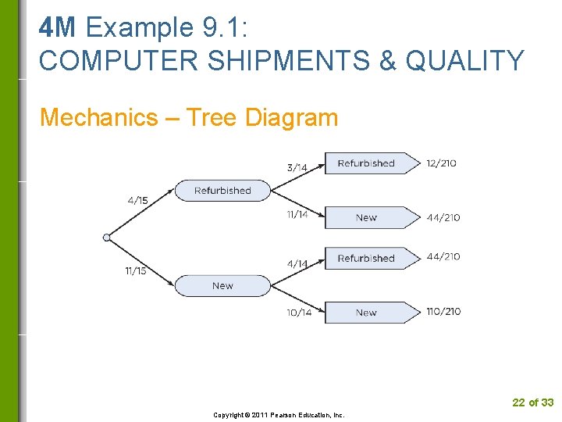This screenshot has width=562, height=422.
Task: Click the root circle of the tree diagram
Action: coord(107,237)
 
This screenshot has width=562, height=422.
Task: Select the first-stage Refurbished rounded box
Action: coord(222,191)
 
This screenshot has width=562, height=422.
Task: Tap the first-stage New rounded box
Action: coord(222,286)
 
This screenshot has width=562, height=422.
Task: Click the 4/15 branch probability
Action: coord(137,201)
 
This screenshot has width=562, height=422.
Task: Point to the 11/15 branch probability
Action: coord(136,271)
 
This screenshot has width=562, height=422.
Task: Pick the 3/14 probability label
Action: coord(297,167)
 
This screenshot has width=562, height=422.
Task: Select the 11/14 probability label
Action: coord(297,215)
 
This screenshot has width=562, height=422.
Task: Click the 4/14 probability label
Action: coord(297,264)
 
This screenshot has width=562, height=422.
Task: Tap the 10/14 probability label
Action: coord(299,313)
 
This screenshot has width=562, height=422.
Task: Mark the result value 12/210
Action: coord(442,163)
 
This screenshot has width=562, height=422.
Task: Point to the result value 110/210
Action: coord(443,312)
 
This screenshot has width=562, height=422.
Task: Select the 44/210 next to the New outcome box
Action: coord(443,218)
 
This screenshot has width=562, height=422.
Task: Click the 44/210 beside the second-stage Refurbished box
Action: coord(443,256)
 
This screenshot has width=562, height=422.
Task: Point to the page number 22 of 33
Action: coord(532,402)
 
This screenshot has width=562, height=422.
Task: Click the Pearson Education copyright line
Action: coord(279,415)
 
